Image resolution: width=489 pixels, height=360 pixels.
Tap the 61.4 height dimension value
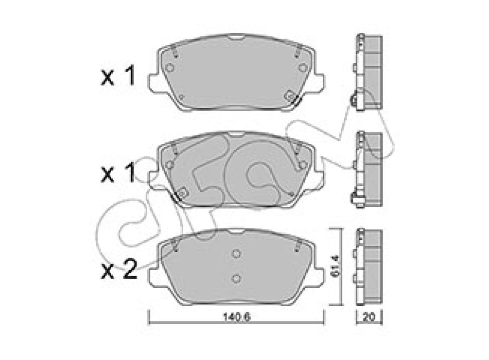coord(336,267)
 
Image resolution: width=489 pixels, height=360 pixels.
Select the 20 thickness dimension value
coord(369,317)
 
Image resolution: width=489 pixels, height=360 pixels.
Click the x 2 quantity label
coord(119,270)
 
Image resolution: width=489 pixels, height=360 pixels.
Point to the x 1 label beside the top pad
coord(118,76)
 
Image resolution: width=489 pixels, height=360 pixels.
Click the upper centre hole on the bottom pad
coord(236,254)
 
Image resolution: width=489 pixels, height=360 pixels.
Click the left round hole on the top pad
coord(170,68)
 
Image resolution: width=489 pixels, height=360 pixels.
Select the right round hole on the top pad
coord(302,68)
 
